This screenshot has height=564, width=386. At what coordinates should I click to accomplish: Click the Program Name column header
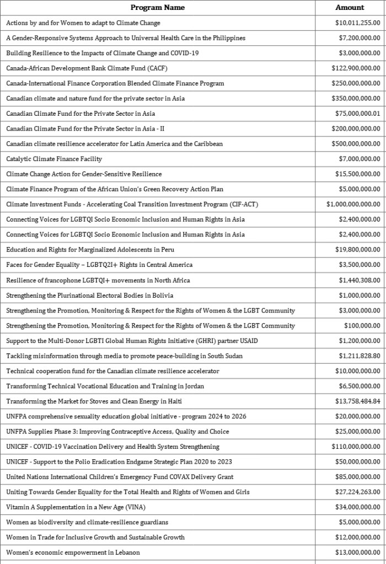[x=157, y=8]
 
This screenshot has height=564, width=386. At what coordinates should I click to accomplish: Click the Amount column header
[x=350, y=8]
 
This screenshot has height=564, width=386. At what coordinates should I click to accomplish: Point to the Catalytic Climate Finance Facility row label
[x=54, y=159]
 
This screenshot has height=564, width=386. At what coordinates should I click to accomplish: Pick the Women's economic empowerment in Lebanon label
[x=73, y=552]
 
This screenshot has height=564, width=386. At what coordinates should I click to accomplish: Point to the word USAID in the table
[x=248, y=341]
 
